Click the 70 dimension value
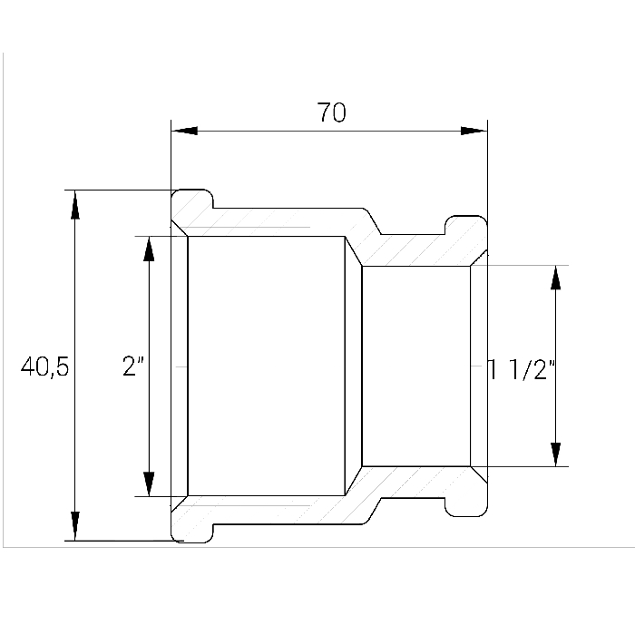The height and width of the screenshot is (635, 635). pyautogui.click(x=331, y=112)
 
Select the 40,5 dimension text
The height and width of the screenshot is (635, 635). pyautogui.click(x=45, y=366)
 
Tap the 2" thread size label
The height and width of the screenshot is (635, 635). pyautogui.click(x=133, y=366)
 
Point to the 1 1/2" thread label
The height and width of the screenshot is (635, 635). pyautogui.click(x=522, y=369)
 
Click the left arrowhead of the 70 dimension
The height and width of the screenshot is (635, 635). pyautogui.click(x=184, y=131)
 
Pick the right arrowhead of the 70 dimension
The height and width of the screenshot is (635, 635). pyautogui.click(x=474, y=131)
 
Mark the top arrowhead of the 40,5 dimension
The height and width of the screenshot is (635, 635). pyautogui.click(x=75, y=204)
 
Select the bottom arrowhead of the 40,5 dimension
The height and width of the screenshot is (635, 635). pyautogui.click(x=75, y=525)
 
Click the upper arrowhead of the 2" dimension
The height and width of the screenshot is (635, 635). pyautogui.click(x=149, y=249)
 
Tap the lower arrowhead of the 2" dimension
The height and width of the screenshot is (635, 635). pyautogui.click(x=149, y=484)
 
